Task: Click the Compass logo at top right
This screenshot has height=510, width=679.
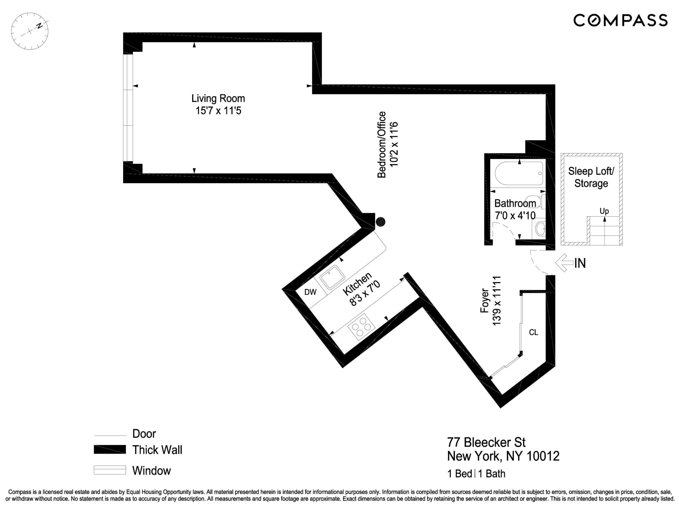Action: click(x=620, y=20)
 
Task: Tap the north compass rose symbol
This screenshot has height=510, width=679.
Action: click(x=30, y=31)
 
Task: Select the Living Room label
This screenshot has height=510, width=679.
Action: click(x=218, y=98)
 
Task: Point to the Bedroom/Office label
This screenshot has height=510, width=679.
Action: click(x=381, y=144)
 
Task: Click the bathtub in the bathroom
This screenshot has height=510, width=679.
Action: click(x=519, y=174)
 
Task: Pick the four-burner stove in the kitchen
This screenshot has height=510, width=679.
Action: click(x=361, y=327)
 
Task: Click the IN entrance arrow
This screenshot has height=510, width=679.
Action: click(x=564, y=263)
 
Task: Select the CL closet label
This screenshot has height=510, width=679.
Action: click(x=533, y=332)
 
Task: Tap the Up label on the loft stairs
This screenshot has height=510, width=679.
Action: click(x=604, y=211)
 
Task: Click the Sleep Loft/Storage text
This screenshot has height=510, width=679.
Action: click(x=591, y=177)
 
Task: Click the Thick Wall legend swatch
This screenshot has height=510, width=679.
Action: click(x=110, y=450)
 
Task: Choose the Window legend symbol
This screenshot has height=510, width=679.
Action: click(x=110, y=470)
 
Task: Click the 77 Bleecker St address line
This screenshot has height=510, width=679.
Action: click(x=486, y=442)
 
